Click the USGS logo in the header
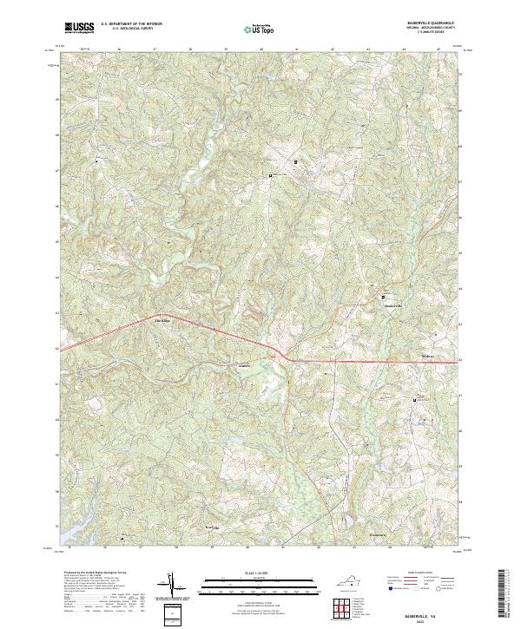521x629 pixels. pos(79,27)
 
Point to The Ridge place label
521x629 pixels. pos(162,321)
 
